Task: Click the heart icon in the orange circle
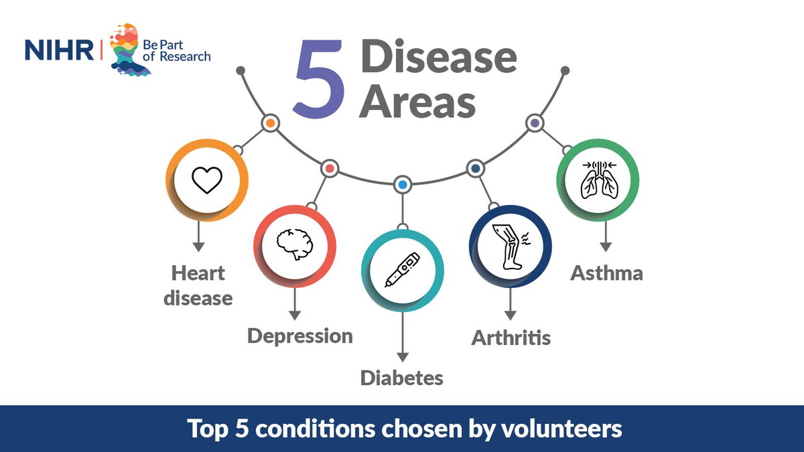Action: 206,180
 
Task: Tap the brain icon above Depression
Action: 293,246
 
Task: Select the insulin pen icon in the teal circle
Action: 402,270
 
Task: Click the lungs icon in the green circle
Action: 598,179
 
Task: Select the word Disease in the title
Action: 439,59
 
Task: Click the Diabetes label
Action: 402,378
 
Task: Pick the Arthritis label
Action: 511,337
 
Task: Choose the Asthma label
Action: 606,273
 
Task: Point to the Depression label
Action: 300,335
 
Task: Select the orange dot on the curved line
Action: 271,123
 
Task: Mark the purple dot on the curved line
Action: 534,123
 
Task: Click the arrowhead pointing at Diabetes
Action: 402,357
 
